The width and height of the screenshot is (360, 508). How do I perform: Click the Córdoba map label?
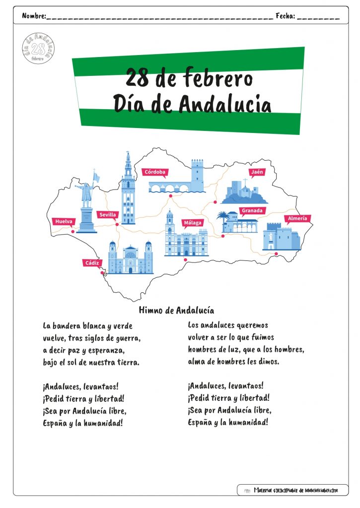tap(155, 172)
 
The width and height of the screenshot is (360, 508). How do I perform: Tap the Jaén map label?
tap(257, 172)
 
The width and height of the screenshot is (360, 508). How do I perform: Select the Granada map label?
tap(252, 211)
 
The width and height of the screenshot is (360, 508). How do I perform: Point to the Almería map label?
tap(297, 219)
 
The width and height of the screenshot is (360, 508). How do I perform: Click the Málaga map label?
tap(193, 223)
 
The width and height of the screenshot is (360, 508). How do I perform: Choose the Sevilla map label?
tap(108, 215)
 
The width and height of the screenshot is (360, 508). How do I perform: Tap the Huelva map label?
tap(64, 222)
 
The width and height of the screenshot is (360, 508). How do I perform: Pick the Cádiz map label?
tap(92, 263)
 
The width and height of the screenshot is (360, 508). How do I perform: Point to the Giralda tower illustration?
tap(129, 188)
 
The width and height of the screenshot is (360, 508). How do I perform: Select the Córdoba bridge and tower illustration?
tap(177, 176)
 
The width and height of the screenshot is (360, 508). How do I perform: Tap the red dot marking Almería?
tap(276, 254)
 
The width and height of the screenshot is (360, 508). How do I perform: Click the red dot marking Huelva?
tap(73, 232)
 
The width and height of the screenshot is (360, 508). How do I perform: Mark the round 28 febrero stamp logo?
tap(38, 48)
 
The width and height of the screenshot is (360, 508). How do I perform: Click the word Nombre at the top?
tap(34, 15)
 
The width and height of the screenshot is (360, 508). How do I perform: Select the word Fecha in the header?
tap(286, 15)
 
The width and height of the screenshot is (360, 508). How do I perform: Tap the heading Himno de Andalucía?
tap(176, 311)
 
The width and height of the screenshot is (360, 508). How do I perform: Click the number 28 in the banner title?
tap(137, 78)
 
